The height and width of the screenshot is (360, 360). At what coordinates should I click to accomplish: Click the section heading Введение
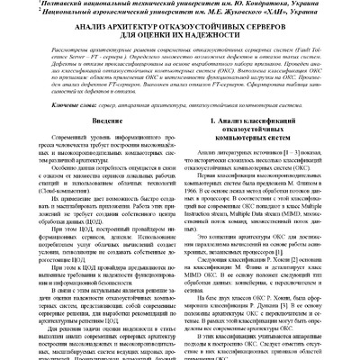(94, 144)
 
